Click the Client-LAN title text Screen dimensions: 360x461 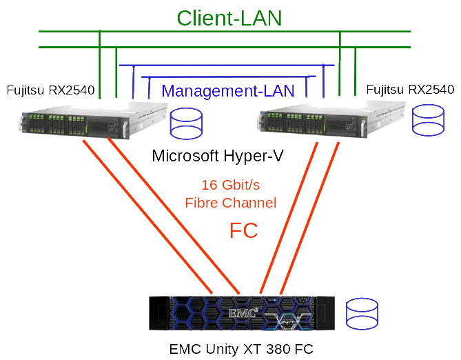[x=229, y=17]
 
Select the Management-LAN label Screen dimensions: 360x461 [x=228, y=90]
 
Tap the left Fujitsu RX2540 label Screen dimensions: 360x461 [x=50, y=90]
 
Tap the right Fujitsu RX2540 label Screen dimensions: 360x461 [x=410, y=90]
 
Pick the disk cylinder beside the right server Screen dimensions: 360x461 [x=428, y=119]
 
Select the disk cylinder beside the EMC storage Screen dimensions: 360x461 [x=362, y=314]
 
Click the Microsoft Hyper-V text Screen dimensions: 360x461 [x=218, y=156]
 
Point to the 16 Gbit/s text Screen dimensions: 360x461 [x=230, y=185]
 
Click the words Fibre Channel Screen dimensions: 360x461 [x=230, y=203]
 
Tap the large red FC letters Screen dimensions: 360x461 [x=243, y=231]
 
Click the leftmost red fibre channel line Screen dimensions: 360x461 [x=148, y=217]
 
